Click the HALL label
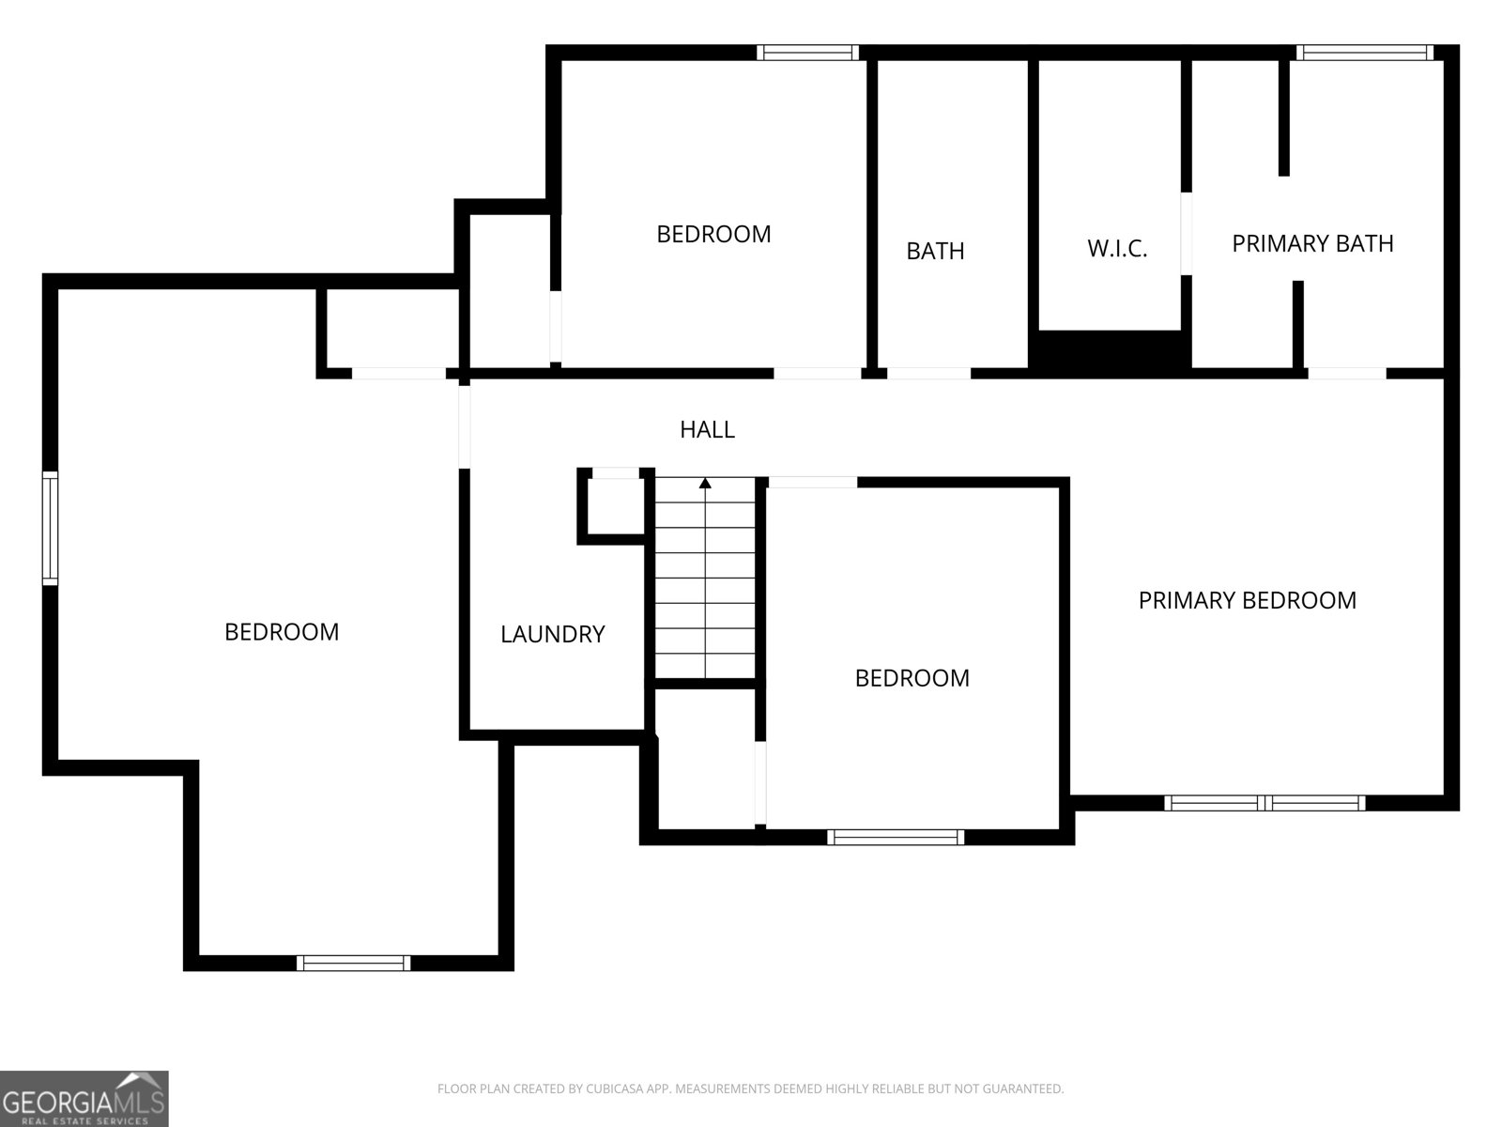point(707,429)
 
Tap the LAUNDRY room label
point(552,634)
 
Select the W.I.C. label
point(1117,249)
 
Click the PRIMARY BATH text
point(1311,243)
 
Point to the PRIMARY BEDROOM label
point(1247,600)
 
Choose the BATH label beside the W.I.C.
point(935,251)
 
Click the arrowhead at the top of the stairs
point(705,484)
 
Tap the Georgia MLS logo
point(84,1098)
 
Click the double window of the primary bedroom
point(1264,803)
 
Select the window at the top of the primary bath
point(1364,53)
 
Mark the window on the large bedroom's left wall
point(50,529)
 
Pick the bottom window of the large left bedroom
point(353,963)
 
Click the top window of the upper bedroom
point(807,53)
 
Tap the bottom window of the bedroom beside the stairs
point(896,837)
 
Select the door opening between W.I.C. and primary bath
point(1187,234)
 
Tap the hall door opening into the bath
point(928,374)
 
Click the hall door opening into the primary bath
point(1346,374)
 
